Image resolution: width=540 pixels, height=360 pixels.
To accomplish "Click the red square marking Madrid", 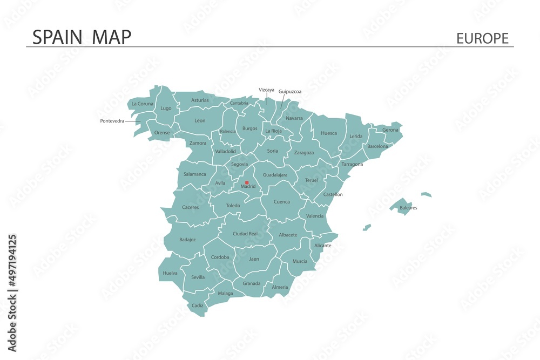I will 247,182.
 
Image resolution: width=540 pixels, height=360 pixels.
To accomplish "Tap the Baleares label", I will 408,208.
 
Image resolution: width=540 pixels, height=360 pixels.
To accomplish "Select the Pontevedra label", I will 112,121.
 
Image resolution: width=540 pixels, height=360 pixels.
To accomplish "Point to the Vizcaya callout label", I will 266,90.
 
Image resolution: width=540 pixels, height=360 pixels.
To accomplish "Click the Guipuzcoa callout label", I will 290,92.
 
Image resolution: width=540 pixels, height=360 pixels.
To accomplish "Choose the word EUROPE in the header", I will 482,38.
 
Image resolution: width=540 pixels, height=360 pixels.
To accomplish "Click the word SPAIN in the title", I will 57,37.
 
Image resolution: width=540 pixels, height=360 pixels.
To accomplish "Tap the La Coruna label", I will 143,104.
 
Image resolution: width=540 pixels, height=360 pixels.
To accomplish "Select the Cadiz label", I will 197,305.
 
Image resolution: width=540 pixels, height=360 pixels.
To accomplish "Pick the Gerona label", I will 390,130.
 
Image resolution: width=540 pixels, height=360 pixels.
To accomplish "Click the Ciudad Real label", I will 245,234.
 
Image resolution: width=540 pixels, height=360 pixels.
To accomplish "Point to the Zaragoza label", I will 304,153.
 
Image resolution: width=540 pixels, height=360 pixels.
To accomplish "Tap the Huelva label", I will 170,274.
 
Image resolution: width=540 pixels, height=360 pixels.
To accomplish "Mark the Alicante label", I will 322,246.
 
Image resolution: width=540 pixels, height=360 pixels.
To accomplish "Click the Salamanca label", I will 194,174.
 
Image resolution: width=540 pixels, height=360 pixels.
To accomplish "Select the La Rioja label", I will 273,131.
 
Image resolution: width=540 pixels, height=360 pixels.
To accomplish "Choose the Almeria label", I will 280,287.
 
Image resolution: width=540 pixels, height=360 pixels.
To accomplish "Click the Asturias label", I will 200,100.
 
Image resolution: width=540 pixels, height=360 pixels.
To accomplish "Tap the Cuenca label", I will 282,202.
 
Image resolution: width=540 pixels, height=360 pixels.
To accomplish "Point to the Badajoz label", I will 187,240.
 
